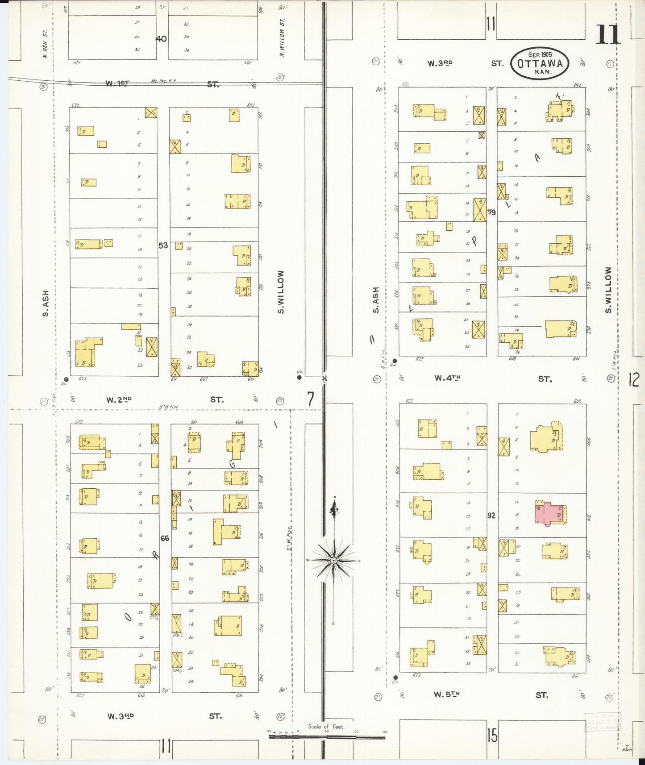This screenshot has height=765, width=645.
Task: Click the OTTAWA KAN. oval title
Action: point(540,64)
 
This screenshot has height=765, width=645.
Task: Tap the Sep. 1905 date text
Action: point(540,54)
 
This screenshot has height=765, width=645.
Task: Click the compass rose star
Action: point(333,560)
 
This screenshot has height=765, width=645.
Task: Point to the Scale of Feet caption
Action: point(326,726)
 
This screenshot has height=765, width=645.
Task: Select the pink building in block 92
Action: point(550,513)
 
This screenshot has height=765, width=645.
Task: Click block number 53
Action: point(163,245)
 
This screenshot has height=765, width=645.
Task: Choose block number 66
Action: point(165,538)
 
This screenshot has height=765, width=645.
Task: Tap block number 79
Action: point(491,212)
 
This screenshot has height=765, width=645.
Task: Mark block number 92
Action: point(491,516)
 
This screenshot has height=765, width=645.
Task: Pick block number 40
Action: point(161,39)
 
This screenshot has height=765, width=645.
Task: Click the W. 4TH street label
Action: point(447,378)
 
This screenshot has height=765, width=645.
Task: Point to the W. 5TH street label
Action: point(446,694)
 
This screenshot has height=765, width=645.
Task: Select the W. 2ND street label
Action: point(119,400)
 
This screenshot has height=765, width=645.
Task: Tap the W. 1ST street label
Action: point(117,83)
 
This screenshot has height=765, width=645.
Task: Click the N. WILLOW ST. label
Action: point(282,37)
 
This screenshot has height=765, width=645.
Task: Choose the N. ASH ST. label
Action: point(45,44)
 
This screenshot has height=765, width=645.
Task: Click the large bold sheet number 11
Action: point(608,34)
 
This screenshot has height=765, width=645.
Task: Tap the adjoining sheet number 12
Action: point(634,380)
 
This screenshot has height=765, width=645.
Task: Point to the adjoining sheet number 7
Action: point(311,399)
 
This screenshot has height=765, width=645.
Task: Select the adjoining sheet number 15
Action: point(492,735)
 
